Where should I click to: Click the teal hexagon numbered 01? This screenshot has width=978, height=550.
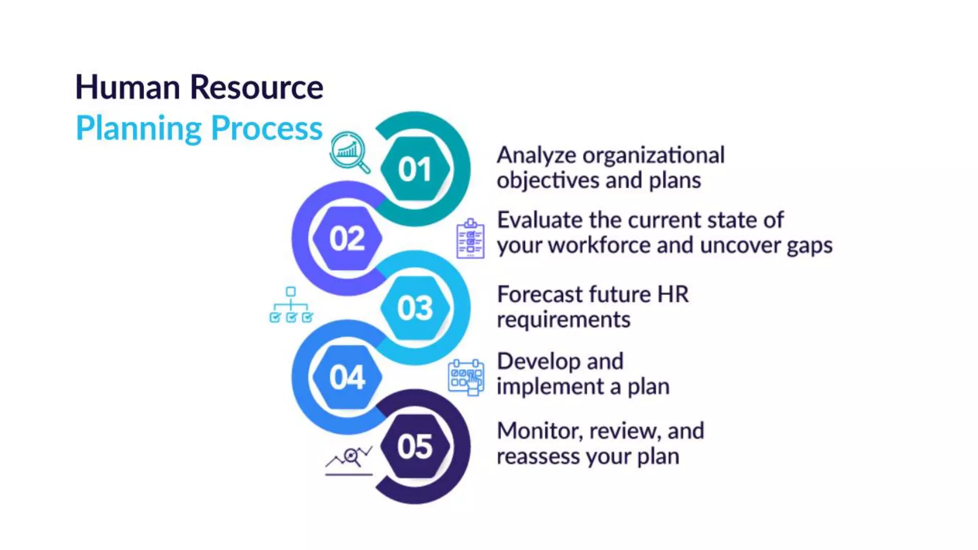(x=415, y=169)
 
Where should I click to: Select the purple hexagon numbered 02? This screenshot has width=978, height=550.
(x=347, y=238)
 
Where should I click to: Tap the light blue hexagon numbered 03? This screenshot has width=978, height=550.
(x=415, y=308)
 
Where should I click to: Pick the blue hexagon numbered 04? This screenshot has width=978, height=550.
(x=347, y=377)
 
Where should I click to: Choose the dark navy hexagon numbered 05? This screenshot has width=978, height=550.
(x=415, y=446)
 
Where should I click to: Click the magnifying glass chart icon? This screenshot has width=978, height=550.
(x=350, y=152)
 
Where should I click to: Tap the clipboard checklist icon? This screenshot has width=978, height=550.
(x=470, y=239)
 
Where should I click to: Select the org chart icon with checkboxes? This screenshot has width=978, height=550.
(x=291, y=305)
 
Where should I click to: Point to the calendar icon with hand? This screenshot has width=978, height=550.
(x=466, y=377)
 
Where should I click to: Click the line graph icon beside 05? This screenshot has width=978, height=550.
(x=349, y=461)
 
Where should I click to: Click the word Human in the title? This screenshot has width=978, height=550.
(x=128, y=87)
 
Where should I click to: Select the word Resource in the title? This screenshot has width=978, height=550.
(x=256, y=87)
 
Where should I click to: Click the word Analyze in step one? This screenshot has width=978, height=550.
(x=535, y=156)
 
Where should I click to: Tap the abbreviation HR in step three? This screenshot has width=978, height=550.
(x=673, y=294)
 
